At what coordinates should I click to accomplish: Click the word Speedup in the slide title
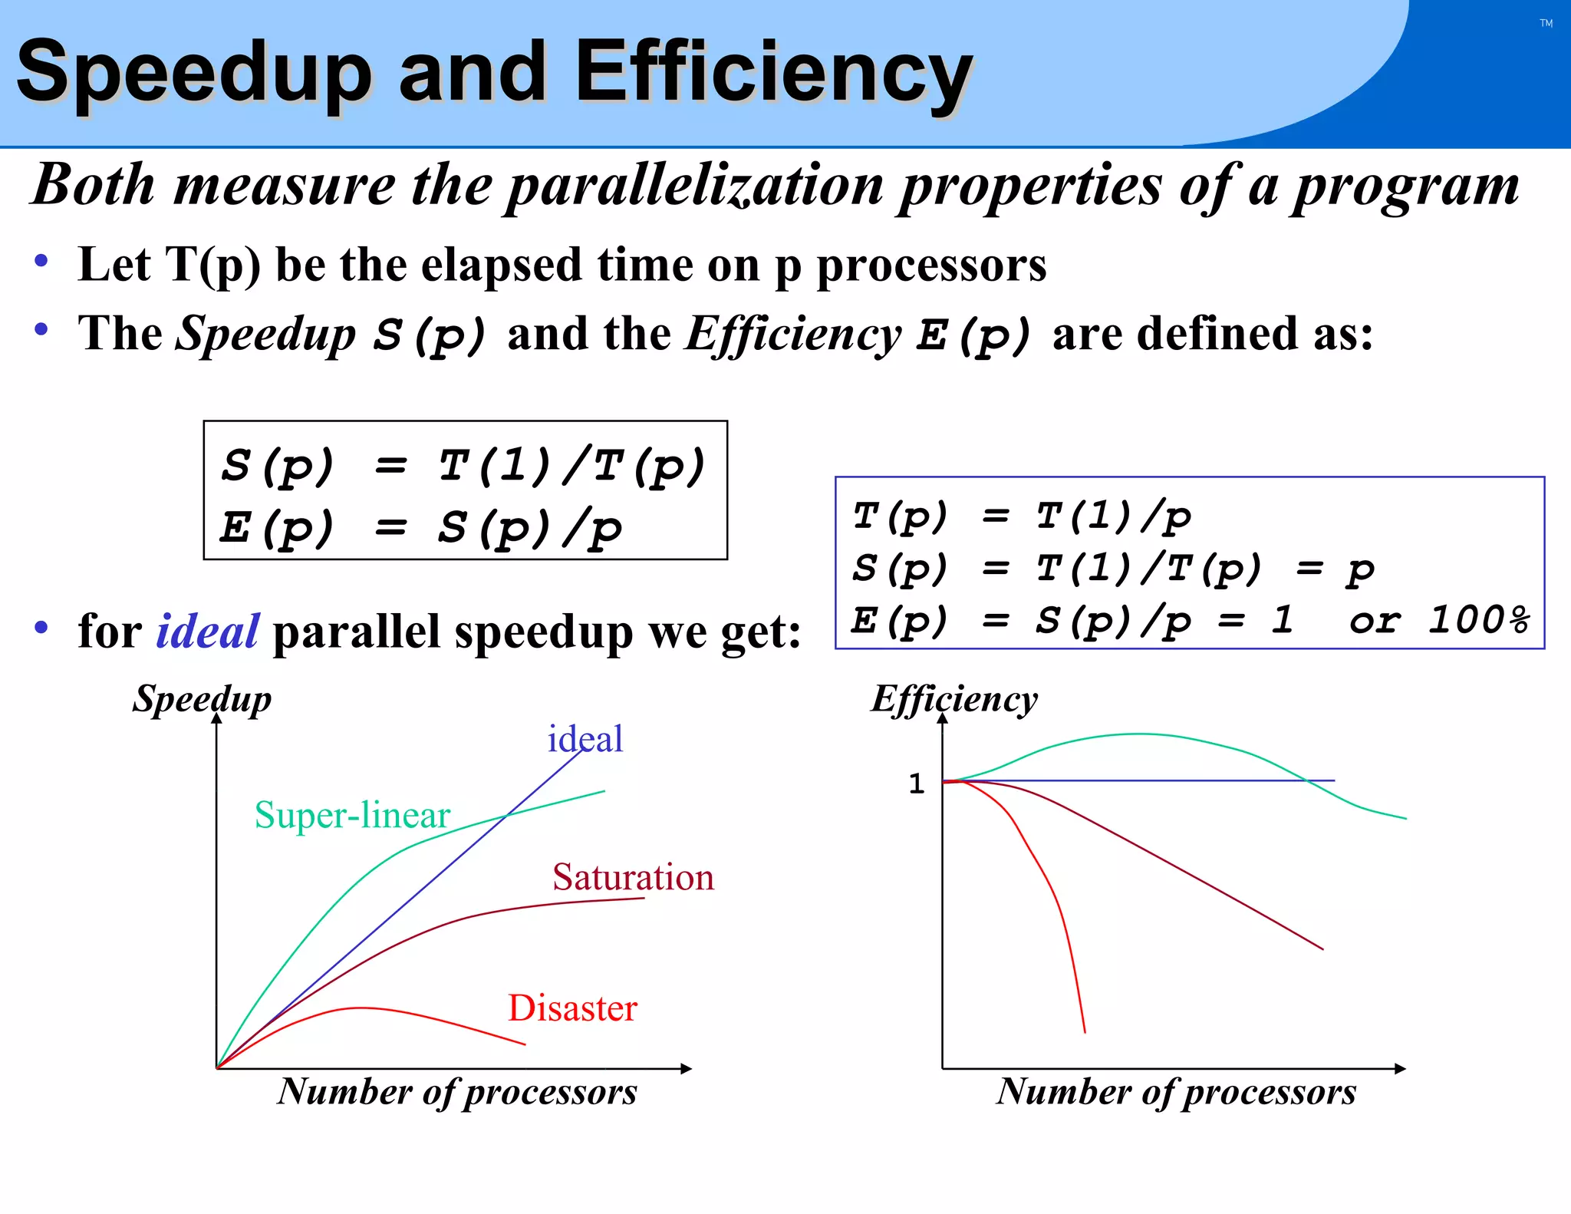coord(193,73)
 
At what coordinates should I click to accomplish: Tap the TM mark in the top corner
coord(1546,24)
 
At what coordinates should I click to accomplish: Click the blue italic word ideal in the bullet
coord(207,632)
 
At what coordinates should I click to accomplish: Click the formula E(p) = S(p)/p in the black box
coord(420,528)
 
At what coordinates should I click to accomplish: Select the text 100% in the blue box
coord(1477,620)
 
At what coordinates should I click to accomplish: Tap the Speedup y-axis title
coord(202,699)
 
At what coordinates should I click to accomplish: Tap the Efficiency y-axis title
coord(953,699)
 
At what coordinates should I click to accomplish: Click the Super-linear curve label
coord(352,815)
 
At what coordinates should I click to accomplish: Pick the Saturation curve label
coord(633,877)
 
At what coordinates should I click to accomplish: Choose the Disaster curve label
coord(572,1008)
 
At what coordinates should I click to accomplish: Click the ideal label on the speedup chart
coord(585,739)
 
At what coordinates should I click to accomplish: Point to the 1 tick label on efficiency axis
coord(916,783)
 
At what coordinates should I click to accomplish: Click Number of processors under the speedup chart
coord(457,1091)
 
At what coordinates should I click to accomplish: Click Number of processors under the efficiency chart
coord(1176,1091)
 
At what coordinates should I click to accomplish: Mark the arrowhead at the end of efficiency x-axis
coord(1400,1068)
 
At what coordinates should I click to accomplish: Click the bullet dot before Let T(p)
coord(41,262)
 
